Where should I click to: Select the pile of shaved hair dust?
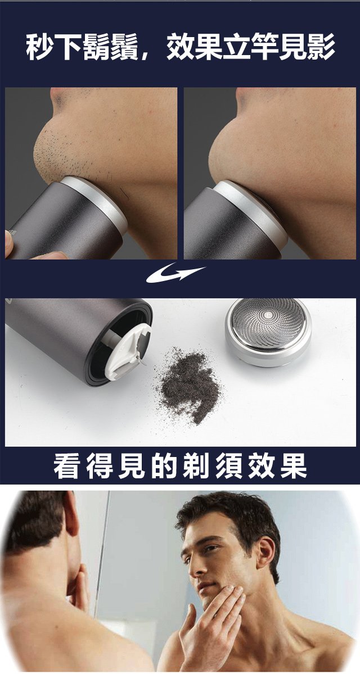189,386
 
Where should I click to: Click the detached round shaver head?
268,332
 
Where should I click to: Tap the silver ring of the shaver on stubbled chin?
97,206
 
